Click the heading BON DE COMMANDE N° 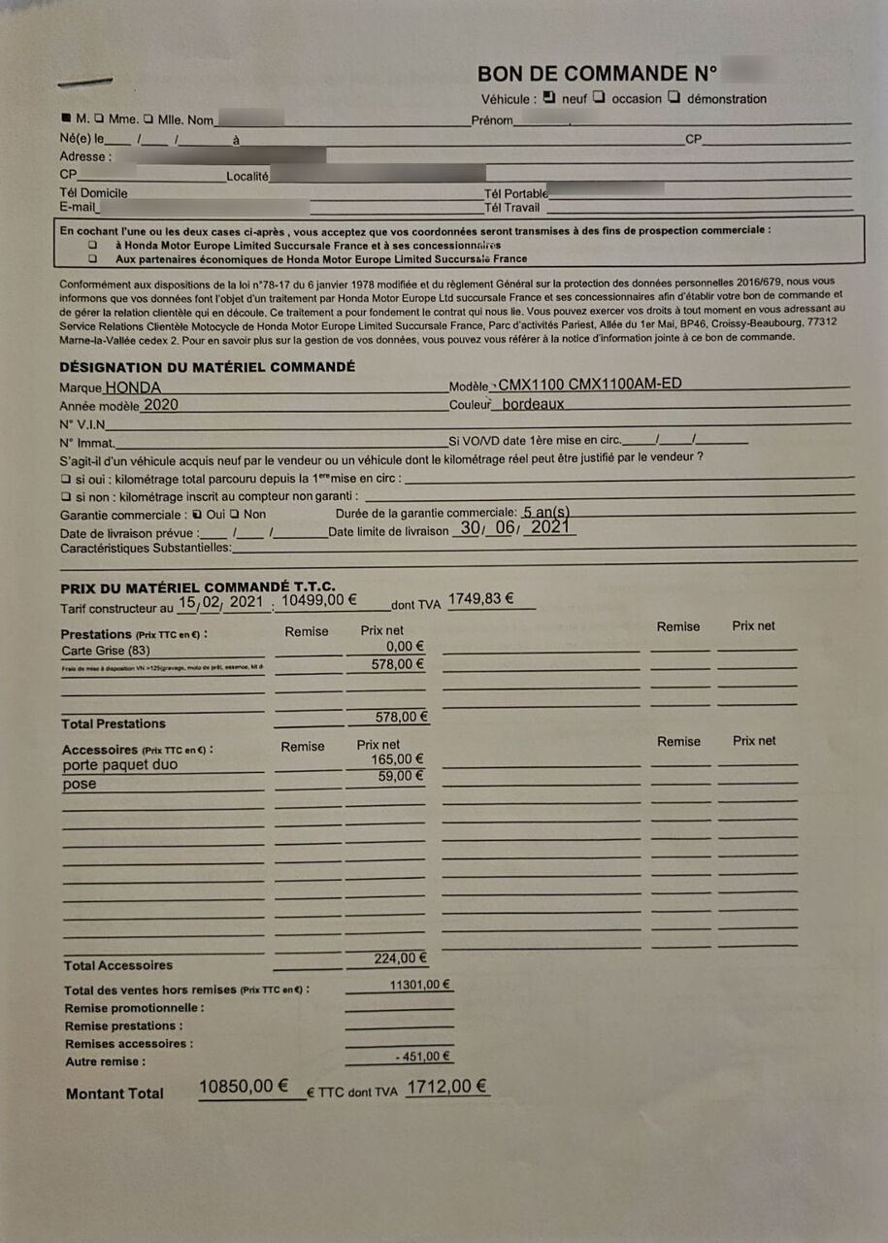point(597,75)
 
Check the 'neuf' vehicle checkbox point(548,97)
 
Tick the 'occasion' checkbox point(600,97)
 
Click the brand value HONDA point(134,386)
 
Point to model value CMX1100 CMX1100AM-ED point(589,384)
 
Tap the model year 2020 point(160,405)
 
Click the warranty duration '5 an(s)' point(546,512)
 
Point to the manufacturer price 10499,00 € point(319,600)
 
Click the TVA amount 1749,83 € point(480,598)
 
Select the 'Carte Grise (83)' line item point(106,651)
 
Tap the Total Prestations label point(114,723)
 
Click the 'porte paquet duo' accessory point(119,764)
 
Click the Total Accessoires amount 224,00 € point(400,958)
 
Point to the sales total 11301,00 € point(419,985)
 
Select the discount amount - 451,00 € point(423,1057)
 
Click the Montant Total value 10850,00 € point(249,1087)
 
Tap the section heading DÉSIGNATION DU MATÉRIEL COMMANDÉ point(207,366)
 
